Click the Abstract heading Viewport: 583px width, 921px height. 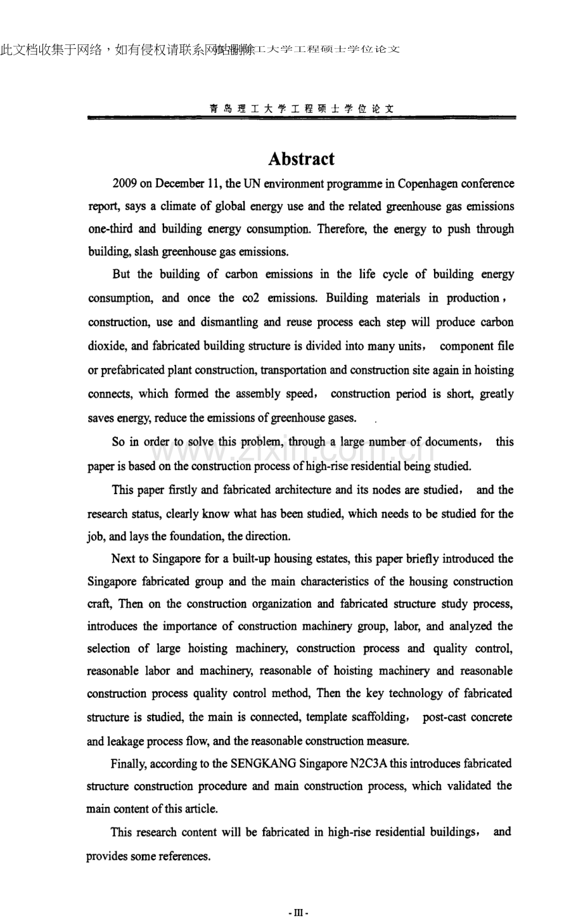coord(301,159)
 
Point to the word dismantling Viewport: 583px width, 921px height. coord(229,322)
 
